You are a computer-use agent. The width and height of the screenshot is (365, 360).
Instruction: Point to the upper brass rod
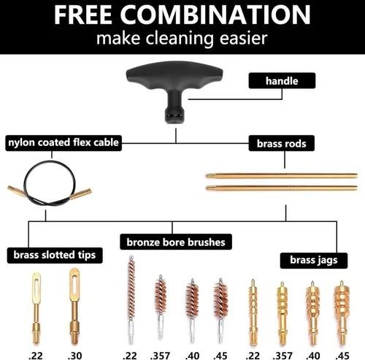[281, 176]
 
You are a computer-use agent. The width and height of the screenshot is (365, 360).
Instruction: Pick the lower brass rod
[281, 188]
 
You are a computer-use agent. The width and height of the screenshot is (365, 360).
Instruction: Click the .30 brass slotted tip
[73, 303]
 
